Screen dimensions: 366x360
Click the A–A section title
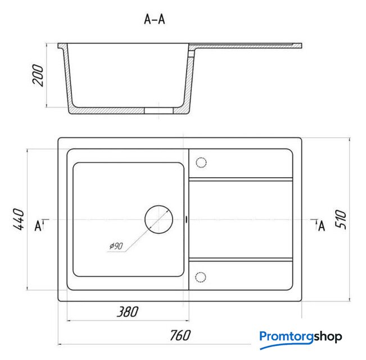coord(154,19)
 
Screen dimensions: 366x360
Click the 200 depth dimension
coord(38,75)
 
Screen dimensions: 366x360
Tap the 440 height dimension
coord(19,219)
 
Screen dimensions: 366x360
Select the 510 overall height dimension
coord(341,219)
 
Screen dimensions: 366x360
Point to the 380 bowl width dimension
coord(128,312)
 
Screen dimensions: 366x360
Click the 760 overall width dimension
coord(180,335)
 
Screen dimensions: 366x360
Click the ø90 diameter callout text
coord(116,246)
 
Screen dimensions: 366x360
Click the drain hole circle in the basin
coord(159,206)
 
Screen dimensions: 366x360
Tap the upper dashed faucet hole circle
coord(201,157)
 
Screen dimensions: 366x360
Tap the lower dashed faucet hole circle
coord(201,272)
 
